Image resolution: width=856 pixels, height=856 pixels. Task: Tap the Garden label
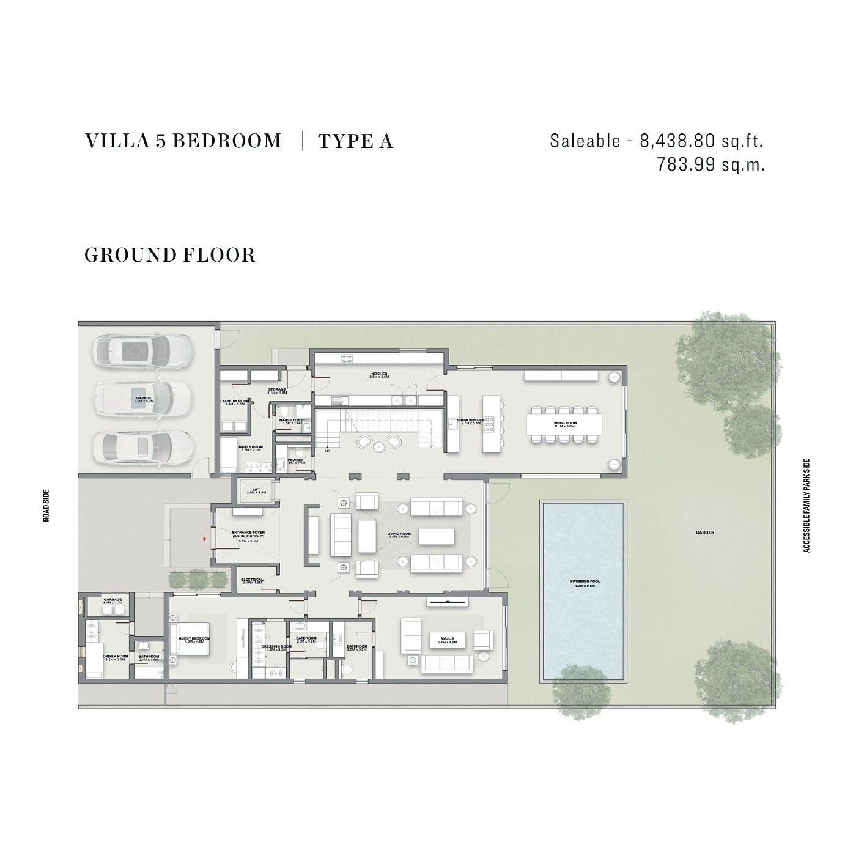click(704, 533)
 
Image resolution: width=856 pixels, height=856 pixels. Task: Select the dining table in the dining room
click(563, 423)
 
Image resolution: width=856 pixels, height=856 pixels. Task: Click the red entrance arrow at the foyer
click(204, 539)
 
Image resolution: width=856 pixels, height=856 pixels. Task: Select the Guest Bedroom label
click(194, 640)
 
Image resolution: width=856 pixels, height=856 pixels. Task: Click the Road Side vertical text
click(46, 505)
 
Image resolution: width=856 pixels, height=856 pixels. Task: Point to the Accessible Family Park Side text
click(806, 506)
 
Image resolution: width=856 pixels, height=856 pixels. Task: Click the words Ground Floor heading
click(169, 255)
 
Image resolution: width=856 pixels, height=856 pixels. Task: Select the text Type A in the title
click(355, 141)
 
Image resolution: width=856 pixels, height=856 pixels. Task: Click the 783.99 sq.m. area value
click(710, 164)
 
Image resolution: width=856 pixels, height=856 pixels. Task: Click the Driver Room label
click(115, 658)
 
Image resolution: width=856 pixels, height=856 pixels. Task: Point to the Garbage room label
click(113, 601)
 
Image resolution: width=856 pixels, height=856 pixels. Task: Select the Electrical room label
click(252, 581)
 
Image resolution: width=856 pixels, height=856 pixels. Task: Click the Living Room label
click(399, 535)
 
